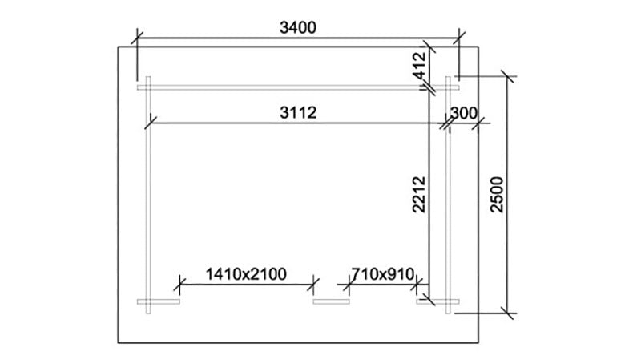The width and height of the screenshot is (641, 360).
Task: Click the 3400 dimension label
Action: tap(298, 28)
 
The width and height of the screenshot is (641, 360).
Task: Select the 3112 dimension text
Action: tap(298, 112)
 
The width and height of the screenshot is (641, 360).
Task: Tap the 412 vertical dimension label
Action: tap(419, 66)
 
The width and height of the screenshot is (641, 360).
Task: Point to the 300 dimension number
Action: tap(464, 113)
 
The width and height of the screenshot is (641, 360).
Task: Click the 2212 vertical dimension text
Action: tap(419, 194)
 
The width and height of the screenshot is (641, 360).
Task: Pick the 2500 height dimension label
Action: tap(497, 194)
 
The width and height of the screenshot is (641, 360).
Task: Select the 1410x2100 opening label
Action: tap(246, 274)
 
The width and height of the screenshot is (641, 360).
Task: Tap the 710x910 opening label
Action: tap(383, 274)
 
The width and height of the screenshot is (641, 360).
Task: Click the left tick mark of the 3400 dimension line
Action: tap(137, 38)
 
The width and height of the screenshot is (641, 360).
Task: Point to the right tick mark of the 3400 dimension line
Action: tap(459, 38)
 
